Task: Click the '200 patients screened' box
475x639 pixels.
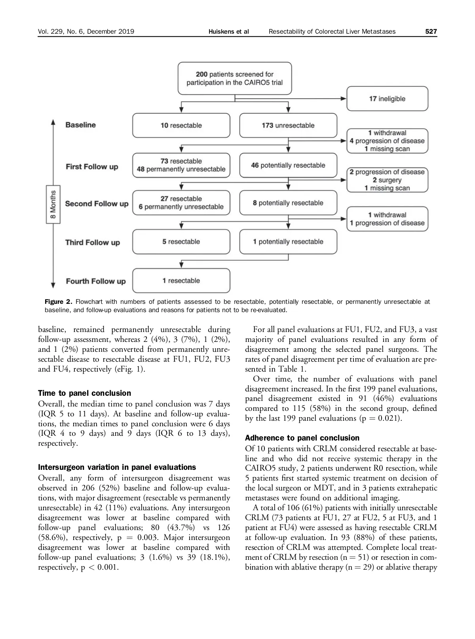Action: click(x=235, y=78)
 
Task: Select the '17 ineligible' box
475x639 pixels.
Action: click(x=387, y=99)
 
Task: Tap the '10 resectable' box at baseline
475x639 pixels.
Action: click(x=181, y=125)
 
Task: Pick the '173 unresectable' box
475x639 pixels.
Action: click(x=288, y=125)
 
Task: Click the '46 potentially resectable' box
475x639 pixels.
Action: click(x=288, y=165)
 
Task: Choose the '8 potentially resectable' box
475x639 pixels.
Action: click(x=288, y=203)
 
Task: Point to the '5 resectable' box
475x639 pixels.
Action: click(x=181, y=242)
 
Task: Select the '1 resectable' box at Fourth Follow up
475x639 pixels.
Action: click(x=181, y=280)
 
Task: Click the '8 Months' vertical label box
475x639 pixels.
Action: click(x=53, y=204)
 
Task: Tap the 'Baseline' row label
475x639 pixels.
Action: click(x=80, y=125)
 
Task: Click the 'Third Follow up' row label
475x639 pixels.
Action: click(x=92, y=242)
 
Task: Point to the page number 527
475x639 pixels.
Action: click(x=431, y=32)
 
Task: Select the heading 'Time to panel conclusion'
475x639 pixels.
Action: click(x=84, y=393)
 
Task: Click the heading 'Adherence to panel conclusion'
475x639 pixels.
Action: click(x=302, y=438)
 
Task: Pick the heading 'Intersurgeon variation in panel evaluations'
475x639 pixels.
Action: click(x=117, y=467)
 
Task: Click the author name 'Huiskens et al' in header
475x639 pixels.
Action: click(x=228, y=32)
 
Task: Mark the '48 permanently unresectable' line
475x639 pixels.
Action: click(x=181, y=169)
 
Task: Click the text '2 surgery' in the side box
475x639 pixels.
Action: click(x=387, y=180)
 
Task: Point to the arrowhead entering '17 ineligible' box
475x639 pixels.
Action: click(x=344, y=99)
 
